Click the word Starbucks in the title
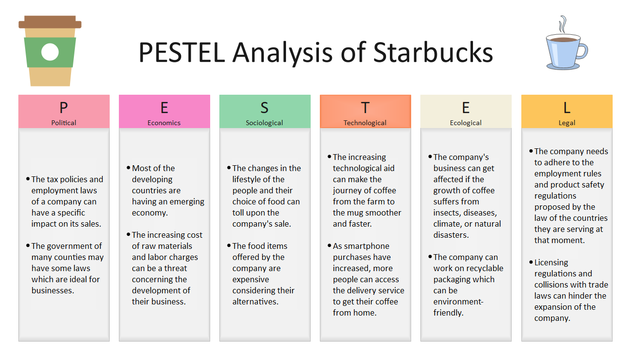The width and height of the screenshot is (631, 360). [x=433, y=52]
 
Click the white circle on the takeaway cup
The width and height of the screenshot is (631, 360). [x=50, y=52]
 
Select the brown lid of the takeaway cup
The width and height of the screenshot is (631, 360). [x=50, y=22]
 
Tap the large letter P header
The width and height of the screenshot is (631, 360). [x=64, y=107]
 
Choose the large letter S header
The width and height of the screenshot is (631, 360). [x=264, y=107]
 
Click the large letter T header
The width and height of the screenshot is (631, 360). [x=365, y=107]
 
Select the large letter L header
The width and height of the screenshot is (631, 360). [x=567, y=107]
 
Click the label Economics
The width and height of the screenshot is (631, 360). [x=164, y=123]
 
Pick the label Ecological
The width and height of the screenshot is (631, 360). [x=466, y=123]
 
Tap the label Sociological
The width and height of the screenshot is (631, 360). [x=264, y=123]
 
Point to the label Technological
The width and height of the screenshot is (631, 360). [x=365, y=123]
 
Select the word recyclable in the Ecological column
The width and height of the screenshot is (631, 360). [x=481, y=268]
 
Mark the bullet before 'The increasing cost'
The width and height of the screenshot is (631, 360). [x=129, y=234]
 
